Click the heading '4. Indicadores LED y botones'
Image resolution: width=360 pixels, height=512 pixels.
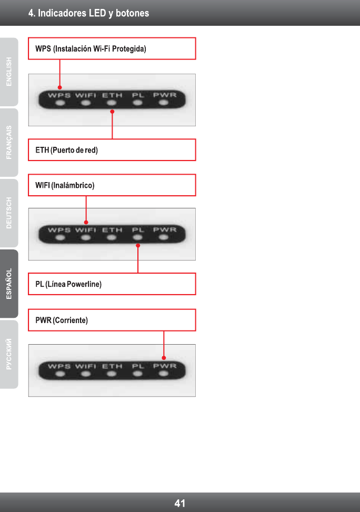click(x=88, y=13)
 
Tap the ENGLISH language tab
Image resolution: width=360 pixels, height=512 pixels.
click(x=9, y=72)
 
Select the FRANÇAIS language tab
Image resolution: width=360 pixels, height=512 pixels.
click(x=9, y=142)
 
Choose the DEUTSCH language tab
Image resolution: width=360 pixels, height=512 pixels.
click(x=9, y=213)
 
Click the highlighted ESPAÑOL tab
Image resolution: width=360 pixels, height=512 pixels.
click(x=9, y=284)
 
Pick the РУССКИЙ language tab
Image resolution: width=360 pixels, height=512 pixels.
click(x=9, y=354)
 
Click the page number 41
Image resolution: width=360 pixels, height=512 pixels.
click(x=180, y=503)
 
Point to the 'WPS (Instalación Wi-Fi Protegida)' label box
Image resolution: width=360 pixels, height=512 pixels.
click(x=112, y=48)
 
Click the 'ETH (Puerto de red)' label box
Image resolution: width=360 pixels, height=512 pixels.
click(x=112, y=150)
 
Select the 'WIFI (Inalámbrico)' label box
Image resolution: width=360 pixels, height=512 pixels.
click(x=112, y=185)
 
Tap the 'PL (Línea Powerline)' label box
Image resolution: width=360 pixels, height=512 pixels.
click(x=112, y=284)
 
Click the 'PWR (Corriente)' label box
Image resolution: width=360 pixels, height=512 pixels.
click(x=112, y=320)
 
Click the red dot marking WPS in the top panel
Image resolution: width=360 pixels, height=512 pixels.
click(x=60, y=87)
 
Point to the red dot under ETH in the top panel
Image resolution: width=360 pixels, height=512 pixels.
click(x=112, y=111)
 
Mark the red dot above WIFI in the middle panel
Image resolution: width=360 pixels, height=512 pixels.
click(x=86, y=222)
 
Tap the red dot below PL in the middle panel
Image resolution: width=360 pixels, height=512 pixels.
click(x=138, y=245)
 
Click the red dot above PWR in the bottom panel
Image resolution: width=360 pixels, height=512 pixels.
click(x=164, y=358)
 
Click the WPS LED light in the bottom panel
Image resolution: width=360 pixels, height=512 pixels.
click(x=60, y=374)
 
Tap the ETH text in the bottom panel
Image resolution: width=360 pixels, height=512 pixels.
click(x=112, y=366)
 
